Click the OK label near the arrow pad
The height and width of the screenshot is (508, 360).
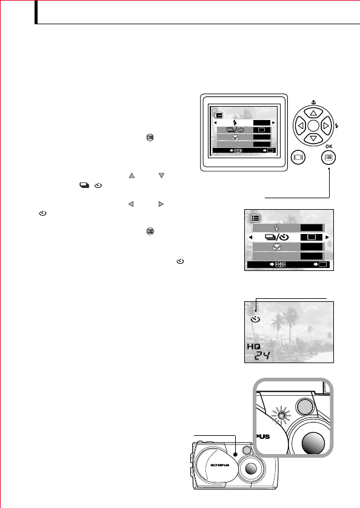[329, 145]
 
